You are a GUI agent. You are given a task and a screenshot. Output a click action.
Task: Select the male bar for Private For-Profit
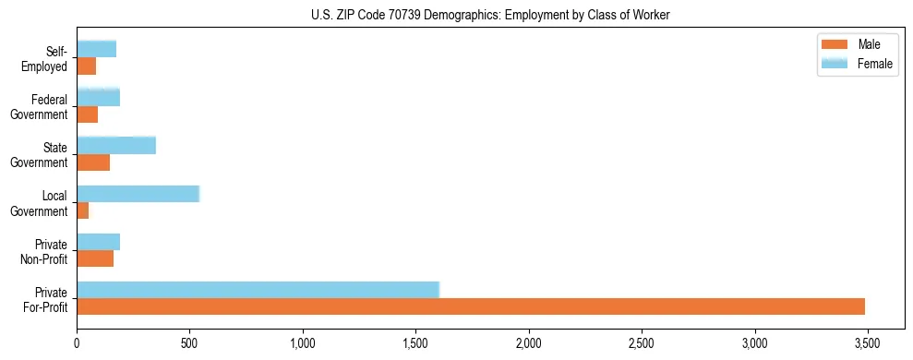471,306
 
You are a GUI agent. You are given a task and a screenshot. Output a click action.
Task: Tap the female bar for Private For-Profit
258,290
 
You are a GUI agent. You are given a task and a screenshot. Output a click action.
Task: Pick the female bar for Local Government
138,194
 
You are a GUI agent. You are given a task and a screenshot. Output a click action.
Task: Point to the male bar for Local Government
82,210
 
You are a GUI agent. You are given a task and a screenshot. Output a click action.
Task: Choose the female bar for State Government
116,146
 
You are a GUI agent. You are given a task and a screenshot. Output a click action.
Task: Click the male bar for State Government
93,162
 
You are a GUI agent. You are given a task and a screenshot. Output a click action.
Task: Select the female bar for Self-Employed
96,50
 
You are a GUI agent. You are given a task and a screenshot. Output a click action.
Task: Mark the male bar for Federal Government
87,114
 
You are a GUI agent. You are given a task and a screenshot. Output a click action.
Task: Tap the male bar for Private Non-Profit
95,258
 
